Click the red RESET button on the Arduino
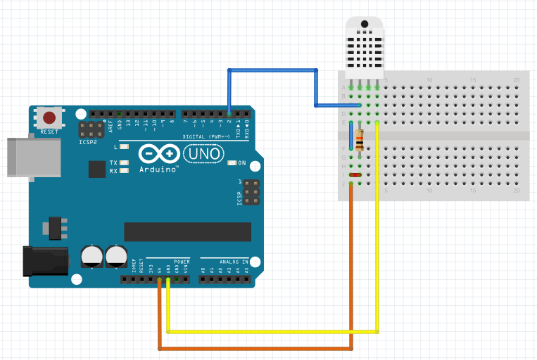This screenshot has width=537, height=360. pyautogui.click(x=49, y=117)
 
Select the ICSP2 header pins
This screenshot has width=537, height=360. pyautogui.click(x=89, y=129)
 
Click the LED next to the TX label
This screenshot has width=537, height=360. pyautogui.click(x=125, y=163)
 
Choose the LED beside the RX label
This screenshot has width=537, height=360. pyautogui.click(x=125, y=171)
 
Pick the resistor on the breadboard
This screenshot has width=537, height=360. pyautogui.click(x=360, y=140)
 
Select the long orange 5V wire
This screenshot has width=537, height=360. pyautogui.click(x=253, y=348)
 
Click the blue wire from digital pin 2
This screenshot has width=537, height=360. pyautogui.click(x=271, y=70)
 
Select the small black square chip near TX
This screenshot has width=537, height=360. pyautogui.click(x=96, y=169)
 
